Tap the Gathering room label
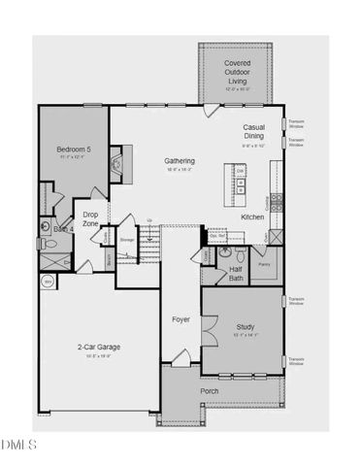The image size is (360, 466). (x=180, y=161)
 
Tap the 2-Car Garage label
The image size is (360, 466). (x=99, y=347)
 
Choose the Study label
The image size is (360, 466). (x=245, y=328)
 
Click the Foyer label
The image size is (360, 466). (x=180, y=319)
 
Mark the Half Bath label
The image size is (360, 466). (x=235, y=275)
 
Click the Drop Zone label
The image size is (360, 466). (x=90, y=218)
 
